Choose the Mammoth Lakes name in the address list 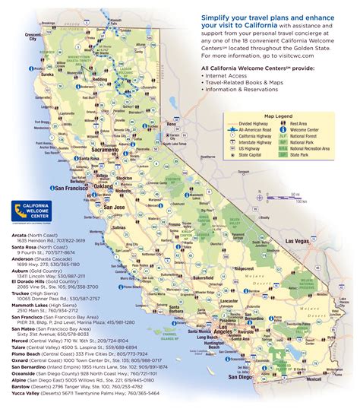(30, 306)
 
